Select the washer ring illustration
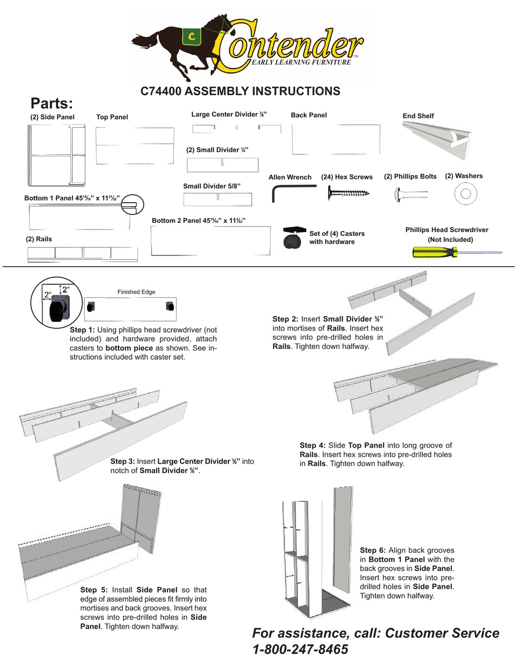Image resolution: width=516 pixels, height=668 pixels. click(x=464, y=194)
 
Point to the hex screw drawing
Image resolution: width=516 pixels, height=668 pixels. click(x=348, y=192)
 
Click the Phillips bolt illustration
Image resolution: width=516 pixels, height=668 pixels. click(x=411, y=193)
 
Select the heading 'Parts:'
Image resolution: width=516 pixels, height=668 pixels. click(x=52, y=103)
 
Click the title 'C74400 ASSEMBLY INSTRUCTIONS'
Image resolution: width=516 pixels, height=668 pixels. click(x=240, y=91)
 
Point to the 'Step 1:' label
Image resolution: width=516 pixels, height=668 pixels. click(x=82, y=330)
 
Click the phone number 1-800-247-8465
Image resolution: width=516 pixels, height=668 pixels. click(x=300, y=649)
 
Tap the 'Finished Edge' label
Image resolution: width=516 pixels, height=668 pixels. click(x=136, y=292)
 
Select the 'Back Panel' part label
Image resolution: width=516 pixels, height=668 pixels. click(x=309, y=115)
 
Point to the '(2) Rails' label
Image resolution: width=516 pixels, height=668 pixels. click(x=39, y=239)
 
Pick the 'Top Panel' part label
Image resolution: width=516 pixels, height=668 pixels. click(x=112, y=117)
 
